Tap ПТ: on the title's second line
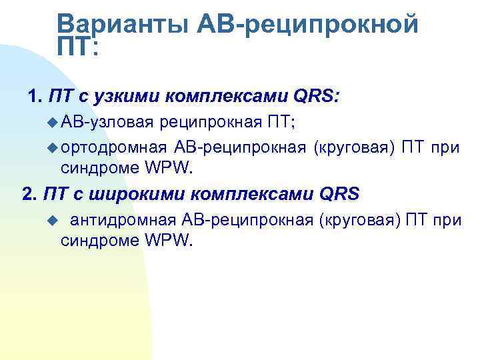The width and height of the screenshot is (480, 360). click(x=77, y=47)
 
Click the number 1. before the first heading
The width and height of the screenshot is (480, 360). click(x=36, y=97)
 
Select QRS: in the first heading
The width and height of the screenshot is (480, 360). click(x=317, y=97)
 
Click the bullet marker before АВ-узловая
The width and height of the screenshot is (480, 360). click(x=53, y=123)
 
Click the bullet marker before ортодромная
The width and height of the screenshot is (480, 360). click(x=53, y=147)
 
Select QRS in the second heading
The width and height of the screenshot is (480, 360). click(x=339, y=195)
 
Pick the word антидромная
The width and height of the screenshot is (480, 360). click(x=123, y=220)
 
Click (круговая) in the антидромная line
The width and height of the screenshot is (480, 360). click(x=360, y=220)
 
